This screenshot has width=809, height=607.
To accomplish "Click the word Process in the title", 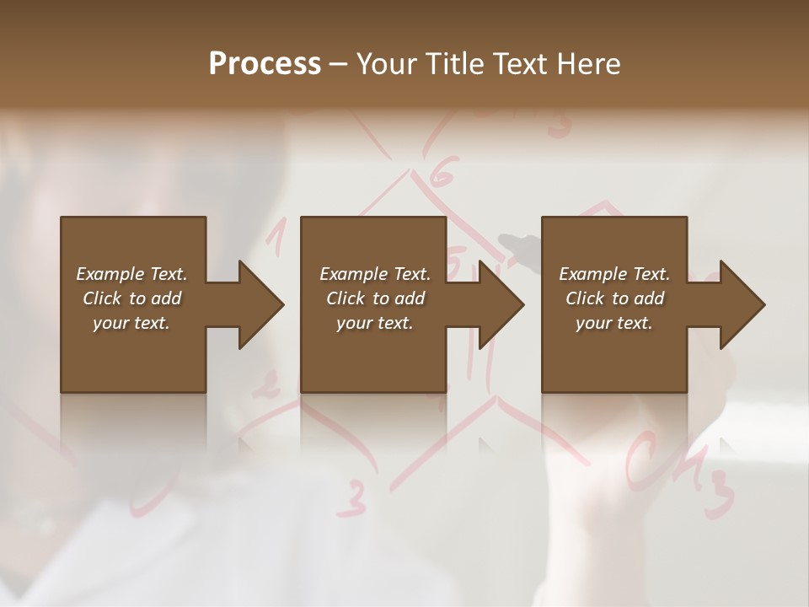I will (265, 63).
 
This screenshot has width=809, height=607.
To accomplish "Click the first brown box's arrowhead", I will (260, 304).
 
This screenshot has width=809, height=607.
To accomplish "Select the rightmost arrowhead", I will (742, 304).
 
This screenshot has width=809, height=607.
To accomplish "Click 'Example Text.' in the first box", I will (131, 274).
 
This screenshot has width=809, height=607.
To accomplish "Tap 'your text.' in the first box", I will (131, 323).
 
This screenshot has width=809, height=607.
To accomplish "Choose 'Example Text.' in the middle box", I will (375, 274).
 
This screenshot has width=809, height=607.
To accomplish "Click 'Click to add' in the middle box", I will (375, 298).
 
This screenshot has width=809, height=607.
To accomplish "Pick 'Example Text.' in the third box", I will (614, 274).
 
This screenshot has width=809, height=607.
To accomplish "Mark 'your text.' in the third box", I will (614, 323).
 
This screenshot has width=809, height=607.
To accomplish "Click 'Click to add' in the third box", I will (614, 298).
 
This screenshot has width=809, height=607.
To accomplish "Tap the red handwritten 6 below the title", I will (442, 175).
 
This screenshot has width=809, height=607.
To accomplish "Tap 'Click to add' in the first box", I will (131, 298).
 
